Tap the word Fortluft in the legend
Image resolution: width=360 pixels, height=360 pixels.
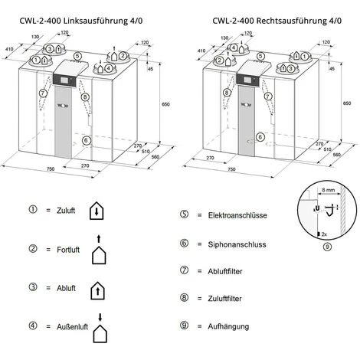(x=68, y=249)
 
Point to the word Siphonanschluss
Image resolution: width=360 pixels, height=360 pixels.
(x=232, y=244)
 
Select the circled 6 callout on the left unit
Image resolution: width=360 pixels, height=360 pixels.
(x=86, y=140)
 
